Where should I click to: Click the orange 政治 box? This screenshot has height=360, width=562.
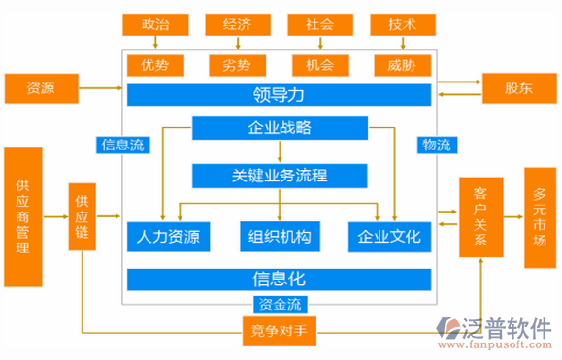point(154,23)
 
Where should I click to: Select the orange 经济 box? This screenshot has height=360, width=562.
point(237,23)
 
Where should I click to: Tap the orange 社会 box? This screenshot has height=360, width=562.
point(319,23)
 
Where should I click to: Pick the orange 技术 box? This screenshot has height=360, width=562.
point(402,23)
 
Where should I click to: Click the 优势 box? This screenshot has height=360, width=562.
point(154,66)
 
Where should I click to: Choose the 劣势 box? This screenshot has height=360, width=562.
point(237,66)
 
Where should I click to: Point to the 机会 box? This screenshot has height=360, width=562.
point(319,66)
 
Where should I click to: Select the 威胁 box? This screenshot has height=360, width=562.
point(402,66)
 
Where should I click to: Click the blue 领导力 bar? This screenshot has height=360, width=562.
point(279,94)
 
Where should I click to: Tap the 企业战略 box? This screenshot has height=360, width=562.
point(280,127)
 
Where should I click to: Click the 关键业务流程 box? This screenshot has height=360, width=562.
point(280,176)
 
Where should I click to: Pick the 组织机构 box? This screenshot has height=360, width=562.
point(280,237)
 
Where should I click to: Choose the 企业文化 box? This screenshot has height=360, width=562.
point(389,237)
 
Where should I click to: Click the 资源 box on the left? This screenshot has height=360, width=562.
point(41,87)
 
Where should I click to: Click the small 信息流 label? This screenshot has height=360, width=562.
point(123,146)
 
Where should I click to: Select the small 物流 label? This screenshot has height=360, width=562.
point(436,146)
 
